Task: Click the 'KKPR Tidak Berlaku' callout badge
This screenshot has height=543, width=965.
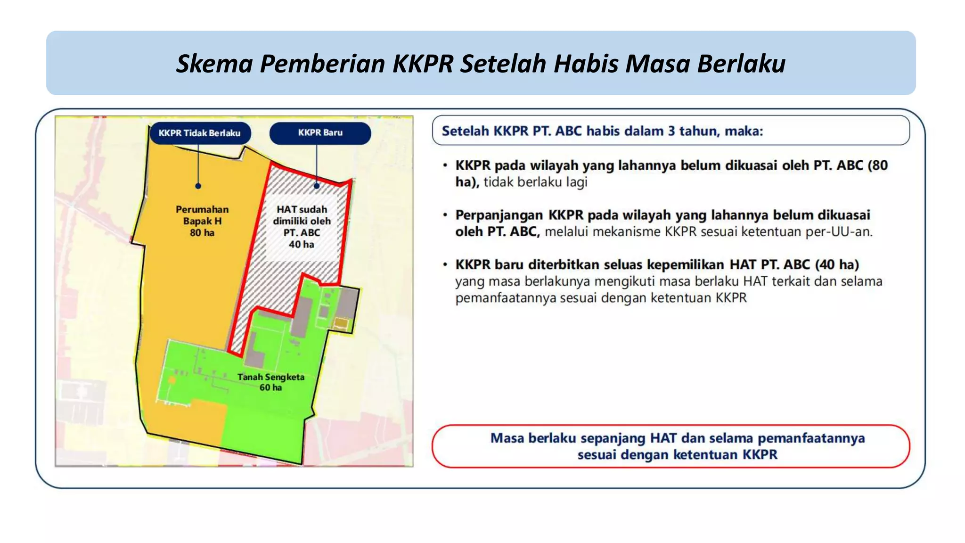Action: pos(200,133)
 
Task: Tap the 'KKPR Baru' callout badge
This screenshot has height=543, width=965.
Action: pos(320,133)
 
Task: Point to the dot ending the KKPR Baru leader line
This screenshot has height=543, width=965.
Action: pos(317,186)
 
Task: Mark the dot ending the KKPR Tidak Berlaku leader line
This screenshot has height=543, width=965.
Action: pos(198,186)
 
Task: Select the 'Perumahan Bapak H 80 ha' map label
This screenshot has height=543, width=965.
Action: pos(202,221)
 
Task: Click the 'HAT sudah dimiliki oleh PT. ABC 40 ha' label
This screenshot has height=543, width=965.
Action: pos(302,227)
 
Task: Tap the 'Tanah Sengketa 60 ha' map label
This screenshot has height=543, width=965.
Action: pos(271,382)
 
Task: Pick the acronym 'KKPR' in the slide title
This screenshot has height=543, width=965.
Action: pos(423,64)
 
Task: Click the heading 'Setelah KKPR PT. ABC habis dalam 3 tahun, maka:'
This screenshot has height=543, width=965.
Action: pos(602,131)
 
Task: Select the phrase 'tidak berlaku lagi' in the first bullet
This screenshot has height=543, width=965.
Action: pos(535,182)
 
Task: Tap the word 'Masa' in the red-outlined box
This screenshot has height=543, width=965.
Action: pos(507,438)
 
